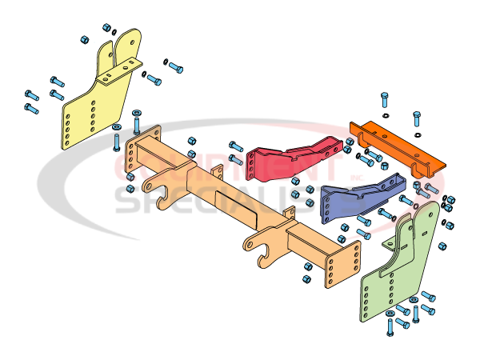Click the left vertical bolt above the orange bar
point(385,104)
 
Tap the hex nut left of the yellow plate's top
point(83,39)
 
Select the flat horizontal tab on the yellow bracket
point(120,72)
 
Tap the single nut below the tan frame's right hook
point(307,279)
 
